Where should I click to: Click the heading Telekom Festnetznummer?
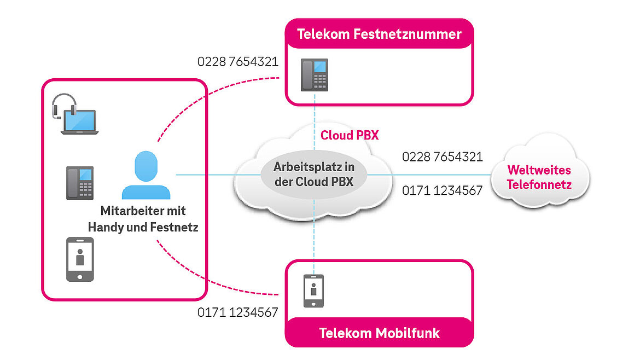(x=379, y=34)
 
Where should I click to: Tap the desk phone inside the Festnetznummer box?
(x=315, y=74)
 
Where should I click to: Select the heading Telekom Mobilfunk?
(x=379, y=333)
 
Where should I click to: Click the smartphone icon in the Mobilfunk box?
(x=313, y=291)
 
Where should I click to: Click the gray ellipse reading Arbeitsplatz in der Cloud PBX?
(x=313, y=175)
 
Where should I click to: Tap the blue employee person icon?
(x=146, y=175)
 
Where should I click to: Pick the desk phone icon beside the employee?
(x=80, y=182)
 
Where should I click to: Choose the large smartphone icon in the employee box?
(x=80, y=259)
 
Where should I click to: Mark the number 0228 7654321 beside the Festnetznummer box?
(x=238, y=62)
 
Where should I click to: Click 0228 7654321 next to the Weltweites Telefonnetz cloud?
(x=443, y=157)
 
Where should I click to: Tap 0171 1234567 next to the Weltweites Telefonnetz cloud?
(x=443, y=190)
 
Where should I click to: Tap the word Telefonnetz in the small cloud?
(x=539, y=185)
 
